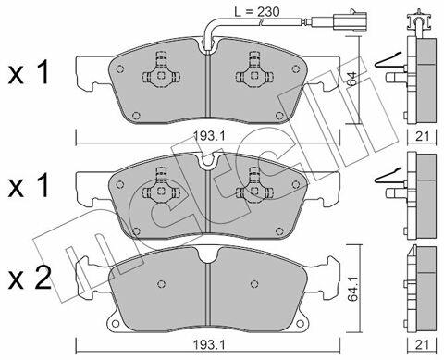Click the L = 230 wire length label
pyautogui.click(x=257, y=12)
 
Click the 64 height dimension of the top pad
pyautogui.click(x=351, y=80)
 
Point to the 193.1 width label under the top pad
pyautogui.click(x=208, y=136)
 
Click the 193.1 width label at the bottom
pyautogui.click(x=208, y=345)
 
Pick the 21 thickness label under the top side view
pyautogui.click(x=422, y=136)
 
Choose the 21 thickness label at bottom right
pyautogui.click(x=422, y=345)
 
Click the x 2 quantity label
pyautogui.click(x=30, y=279)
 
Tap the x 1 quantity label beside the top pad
pyautogui.click(x=29, y=73)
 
